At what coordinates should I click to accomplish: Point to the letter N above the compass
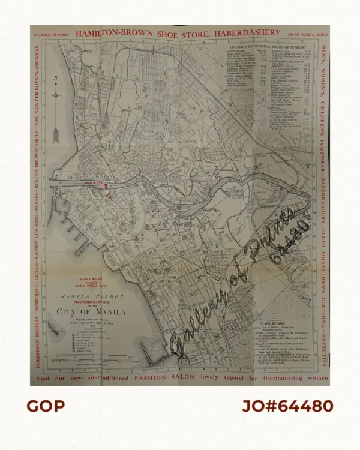tap(56, 78)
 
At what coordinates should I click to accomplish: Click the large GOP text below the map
tap(45, 406)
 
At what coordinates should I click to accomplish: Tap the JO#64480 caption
tap(287, 406)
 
